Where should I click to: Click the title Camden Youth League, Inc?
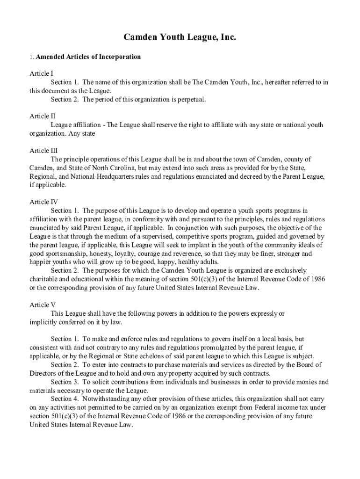click(x=180, y=37)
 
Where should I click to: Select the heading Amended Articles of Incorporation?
click(x=88, y=57)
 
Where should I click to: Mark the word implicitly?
click(x=44, y=322)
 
